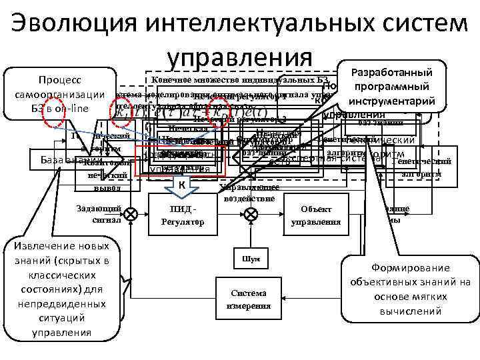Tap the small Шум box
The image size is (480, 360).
[x=245, y=259]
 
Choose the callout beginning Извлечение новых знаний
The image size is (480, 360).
[x=57, y=289]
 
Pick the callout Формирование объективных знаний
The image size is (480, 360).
[x=411, y=289]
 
